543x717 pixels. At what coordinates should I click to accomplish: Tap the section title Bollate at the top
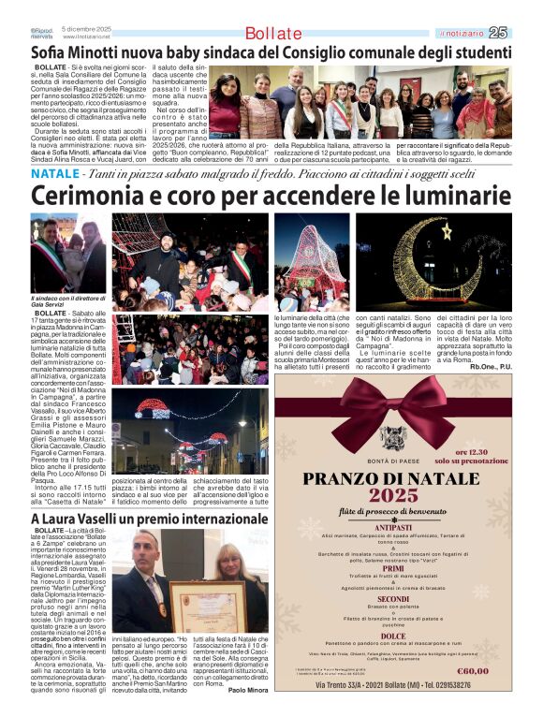tap(273, 34)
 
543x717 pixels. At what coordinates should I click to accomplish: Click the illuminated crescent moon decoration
tap(440, 262)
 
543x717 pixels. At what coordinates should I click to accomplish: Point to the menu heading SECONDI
tap(393, 599)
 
